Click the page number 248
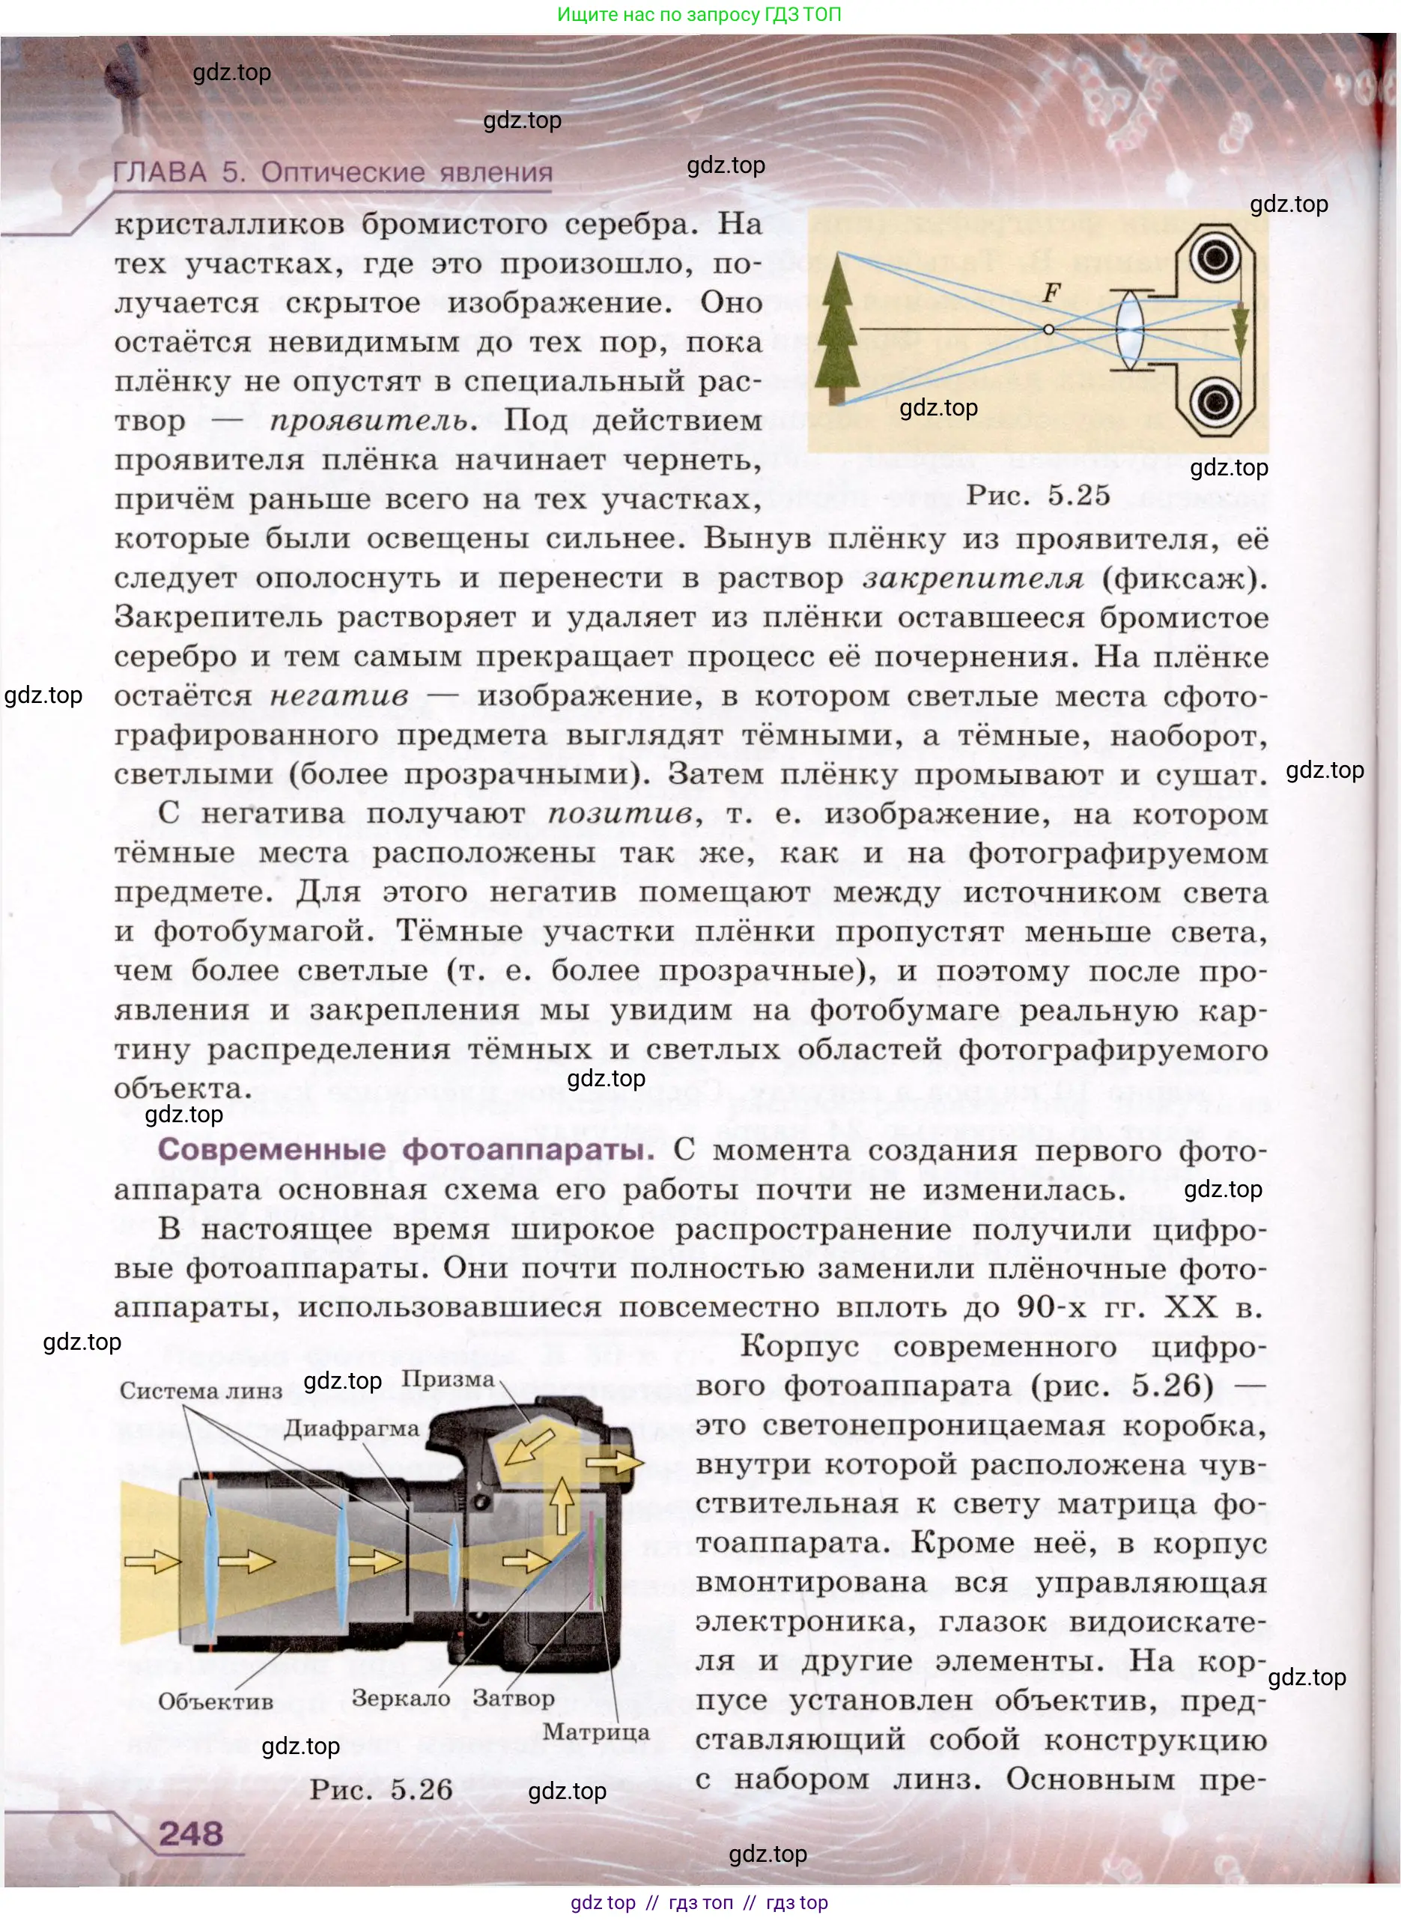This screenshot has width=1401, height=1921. click(191, 1833)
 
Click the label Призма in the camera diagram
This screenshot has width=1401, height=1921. click(447, 1379)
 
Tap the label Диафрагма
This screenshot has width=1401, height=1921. click(351, 1428)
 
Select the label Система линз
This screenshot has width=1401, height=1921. click(200, 1391)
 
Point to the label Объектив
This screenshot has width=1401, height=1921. click(216, 1702)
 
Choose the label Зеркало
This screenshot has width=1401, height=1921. click(401, 1698)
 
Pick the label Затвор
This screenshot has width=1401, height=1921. click(513, 1698)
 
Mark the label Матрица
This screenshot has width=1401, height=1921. click(595, 1732)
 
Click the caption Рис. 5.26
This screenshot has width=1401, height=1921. click(381, 1789)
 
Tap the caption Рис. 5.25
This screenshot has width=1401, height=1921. click(1038, 495)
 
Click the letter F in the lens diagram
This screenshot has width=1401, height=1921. click(1051, 293)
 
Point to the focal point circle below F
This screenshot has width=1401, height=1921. click(1049, 329)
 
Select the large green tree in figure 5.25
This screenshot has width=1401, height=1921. click(837, 331)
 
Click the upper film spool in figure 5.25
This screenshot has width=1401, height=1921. click(1215, 255)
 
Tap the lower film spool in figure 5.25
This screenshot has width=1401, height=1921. click(1215, 401)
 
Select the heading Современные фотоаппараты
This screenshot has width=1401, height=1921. click(405, 1150)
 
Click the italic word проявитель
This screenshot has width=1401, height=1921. click(368, 421)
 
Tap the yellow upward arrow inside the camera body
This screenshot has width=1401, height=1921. click(562, 1505)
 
